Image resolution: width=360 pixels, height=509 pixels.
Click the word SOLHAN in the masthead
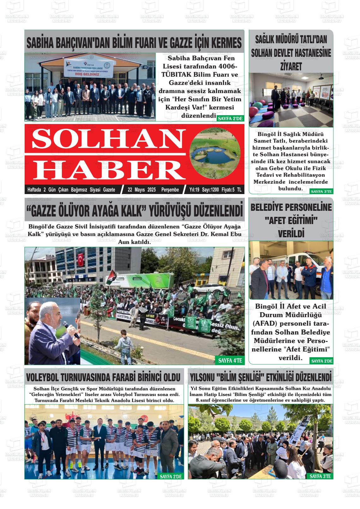[x=105, y=139]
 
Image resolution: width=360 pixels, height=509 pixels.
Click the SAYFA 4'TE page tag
[x=230, y=360]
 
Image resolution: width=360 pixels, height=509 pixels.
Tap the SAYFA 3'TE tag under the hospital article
[x=321, y=191]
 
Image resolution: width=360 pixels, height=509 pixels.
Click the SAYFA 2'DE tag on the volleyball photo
[x=171, y=476]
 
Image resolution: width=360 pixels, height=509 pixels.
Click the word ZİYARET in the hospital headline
[x=291, y=67]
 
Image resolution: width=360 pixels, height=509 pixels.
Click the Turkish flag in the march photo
[x=81, y=260]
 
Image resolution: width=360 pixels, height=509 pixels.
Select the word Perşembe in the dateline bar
[x=170, y=190]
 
